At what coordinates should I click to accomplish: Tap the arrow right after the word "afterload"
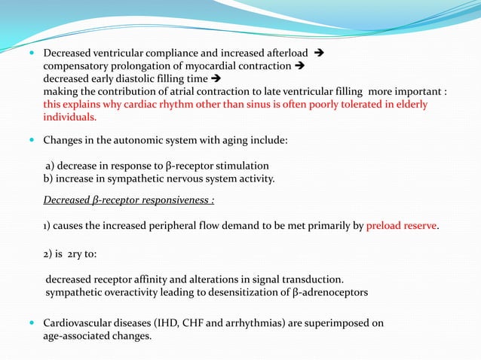click(317, 54)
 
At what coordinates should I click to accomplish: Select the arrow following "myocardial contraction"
click(299, 66)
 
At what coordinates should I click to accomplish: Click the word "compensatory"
click(74, 66)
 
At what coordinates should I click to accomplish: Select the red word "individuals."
click(69, 117)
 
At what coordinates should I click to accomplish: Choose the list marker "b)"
click(49, 178)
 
